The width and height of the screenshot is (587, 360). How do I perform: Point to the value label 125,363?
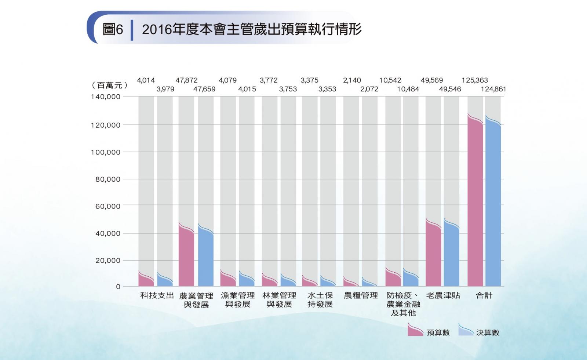(x=474, y=80)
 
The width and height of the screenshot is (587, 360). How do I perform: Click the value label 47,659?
(x=204, y=89)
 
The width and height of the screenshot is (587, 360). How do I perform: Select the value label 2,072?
(x=369, y=89)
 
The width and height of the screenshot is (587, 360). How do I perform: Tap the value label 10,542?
(x=390, y=80)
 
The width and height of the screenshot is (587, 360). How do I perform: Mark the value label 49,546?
(x=450, y=89)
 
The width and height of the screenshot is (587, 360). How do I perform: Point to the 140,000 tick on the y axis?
(x=106, y=97)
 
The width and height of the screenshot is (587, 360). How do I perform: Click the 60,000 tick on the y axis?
(x=108, y=206)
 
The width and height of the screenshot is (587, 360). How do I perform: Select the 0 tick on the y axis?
(x=118, y=287)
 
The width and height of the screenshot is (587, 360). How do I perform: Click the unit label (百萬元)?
(x=109, y=85)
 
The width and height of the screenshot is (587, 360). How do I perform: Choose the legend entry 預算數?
(x=429, y=332)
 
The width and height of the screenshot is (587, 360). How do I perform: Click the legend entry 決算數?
(x=479, y=332)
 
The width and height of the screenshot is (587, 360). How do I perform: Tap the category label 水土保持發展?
(x=320, y=300)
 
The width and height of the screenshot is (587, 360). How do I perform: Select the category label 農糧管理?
(x=361, y=295)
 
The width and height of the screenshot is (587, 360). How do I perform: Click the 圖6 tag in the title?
(x=113, y=29)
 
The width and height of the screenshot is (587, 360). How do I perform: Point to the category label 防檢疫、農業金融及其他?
(x=403, y=304)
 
